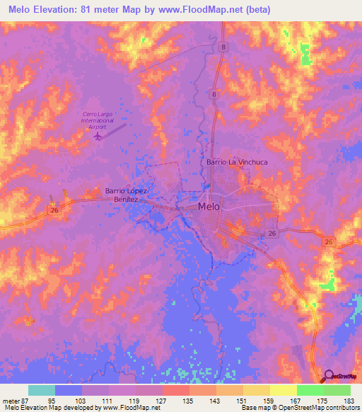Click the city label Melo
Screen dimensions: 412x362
209,207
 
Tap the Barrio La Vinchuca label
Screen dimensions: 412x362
237,162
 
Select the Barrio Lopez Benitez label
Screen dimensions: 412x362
130,195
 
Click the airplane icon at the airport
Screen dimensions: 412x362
96,137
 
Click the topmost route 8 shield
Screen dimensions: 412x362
223,47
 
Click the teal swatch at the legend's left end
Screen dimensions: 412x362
42,390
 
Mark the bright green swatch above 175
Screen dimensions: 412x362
310,390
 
